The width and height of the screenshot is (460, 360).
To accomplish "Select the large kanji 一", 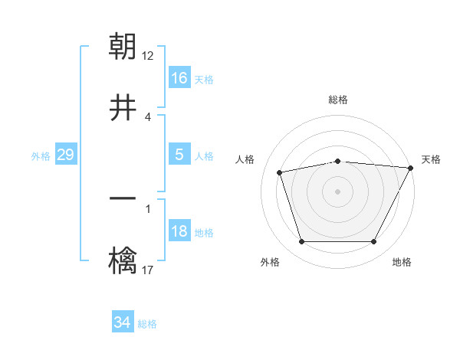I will click(123, 198).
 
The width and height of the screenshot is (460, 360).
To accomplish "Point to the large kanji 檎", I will click(123, 259).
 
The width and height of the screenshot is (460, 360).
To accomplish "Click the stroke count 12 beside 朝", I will click(148, 56).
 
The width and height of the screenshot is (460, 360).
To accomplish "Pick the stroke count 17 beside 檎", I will click(148, 269).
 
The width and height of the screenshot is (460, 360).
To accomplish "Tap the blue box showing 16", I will click(179, 78).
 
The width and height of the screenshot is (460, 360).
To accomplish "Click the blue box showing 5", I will click(179, 155).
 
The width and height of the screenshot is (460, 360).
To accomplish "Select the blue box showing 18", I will click(179, 232).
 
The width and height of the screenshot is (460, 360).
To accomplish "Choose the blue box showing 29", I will click(65, 155).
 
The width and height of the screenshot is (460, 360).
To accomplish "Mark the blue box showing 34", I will click(123, 322).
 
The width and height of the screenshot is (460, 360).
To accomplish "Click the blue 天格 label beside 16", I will click(204, 80).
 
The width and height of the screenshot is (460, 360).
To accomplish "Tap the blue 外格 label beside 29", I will click(41, 156).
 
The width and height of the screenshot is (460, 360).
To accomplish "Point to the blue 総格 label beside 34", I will click(147, 324).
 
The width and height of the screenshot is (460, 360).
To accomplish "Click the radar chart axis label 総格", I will click(338, 100).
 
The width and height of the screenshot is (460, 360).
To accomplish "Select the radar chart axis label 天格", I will click(431, 159).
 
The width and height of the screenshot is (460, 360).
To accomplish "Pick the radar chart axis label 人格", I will click(245, 159).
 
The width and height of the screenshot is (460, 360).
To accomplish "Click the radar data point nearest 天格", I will click(412, 168).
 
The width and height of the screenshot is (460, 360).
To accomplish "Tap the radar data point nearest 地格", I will click(374, 242).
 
